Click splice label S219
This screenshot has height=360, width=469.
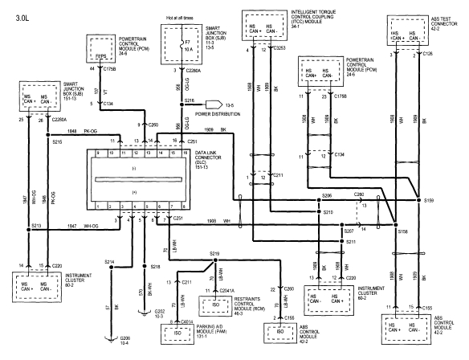(x=214, y=252)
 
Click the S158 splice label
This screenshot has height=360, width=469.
(x=403, y=231)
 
